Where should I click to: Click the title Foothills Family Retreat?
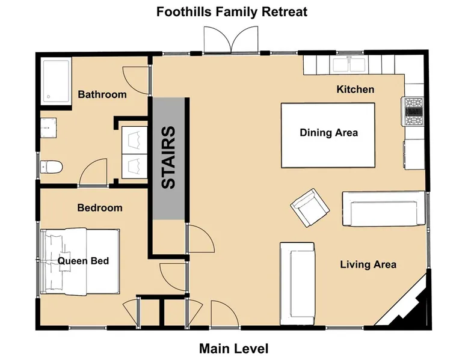[232, 12]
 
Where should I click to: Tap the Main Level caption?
[234, 349]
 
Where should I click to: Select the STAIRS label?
[168, 157]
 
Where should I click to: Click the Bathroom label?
[102, 94]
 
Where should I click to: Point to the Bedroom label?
[100, 207]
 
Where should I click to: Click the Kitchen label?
[355, 89]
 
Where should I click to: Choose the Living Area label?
[368, 264]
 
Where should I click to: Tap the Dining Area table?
[328, 135]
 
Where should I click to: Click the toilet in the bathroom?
[51, 167]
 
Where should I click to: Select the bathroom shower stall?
[56, 81]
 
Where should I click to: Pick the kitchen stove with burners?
[413, 112]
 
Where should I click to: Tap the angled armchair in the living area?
[310, 207]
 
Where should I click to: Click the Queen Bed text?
[83, 261]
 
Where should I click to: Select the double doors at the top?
[231, 40]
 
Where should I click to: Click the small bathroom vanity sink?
[48, 127]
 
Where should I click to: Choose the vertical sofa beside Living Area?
[297, 284]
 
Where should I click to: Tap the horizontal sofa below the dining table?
[384, 209]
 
